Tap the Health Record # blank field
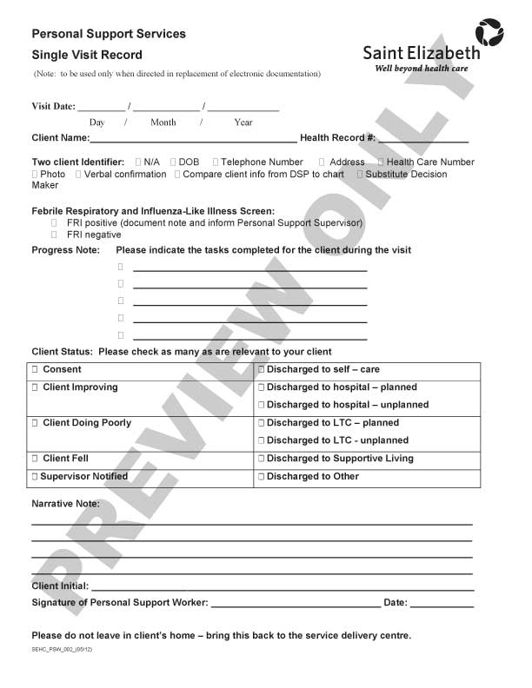point(423,138)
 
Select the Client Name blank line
point(192,138)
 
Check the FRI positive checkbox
point(55,223)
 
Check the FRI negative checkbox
point(55,235)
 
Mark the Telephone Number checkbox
point(216,162)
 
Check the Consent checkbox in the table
point(35,370)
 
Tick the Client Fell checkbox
point(35,459)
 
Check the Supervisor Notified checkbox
point(35,477)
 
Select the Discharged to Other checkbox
point(261,477)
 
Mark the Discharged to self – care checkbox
point(261,370)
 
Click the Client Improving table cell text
point(80,387)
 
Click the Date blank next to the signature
point(442,603)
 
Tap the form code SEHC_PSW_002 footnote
point(63,650)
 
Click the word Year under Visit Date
point(243,122)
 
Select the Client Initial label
point(60,586)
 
